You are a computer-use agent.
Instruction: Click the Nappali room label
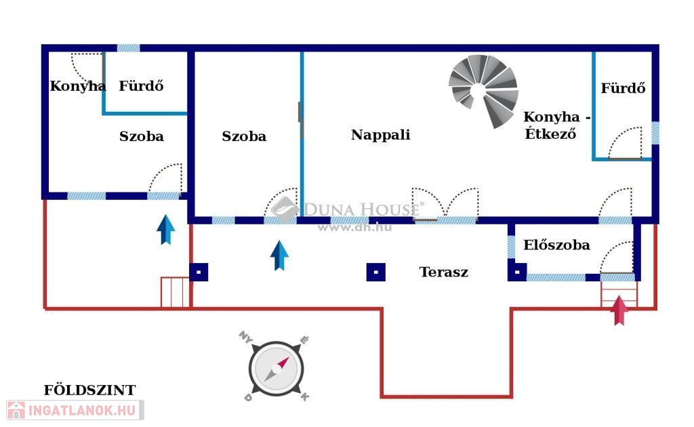pyautogui.click(x=380, y=135)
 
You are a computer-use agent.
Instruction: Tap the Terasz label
pyautogui.click(x=443, y=272)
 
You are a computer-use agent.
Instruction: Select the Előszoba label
pyautogui.click(x=556, y=245)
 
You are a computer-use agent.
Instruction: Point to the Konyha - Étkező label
pyautogui.click(x=556, y=125)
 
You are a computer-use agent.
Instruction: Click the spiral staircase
pyautogui.click(x=484, y=90)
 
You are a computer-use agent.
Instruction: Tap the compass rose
pyautogui.click(x=275, y=369)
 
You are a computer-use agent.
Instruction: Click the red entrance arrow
pyautogui.click(x=619, y=310)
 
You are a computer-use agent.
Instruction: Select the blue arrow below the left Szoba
pyautogui.click(x=165, y=229)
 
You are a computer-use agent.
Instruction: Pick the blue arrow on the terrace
pyautogui.click(x=279, y=255)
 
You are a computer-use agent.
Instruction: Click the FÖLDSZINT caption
pyautogui.click(x=89, y=390)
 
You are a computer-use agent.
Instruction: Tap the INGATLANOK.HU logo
pyautogui.click(x=75, y=410)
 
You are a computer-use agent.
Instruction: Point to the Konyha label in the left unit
pyautogui.click(x=77, y=86)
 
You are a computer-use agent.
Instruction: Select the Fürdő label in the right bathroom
pyautogui.click(x=623, y=88)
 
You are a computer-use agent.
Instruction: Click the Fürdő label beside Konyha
pyautogui.click(x=141, y=86)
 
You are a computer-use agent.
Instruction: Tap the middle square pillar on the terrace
pyautogui.click(x=376, y=272)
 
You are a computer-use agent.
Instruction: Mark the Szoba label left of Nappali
pyautogui.click(x=244, y=136)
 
